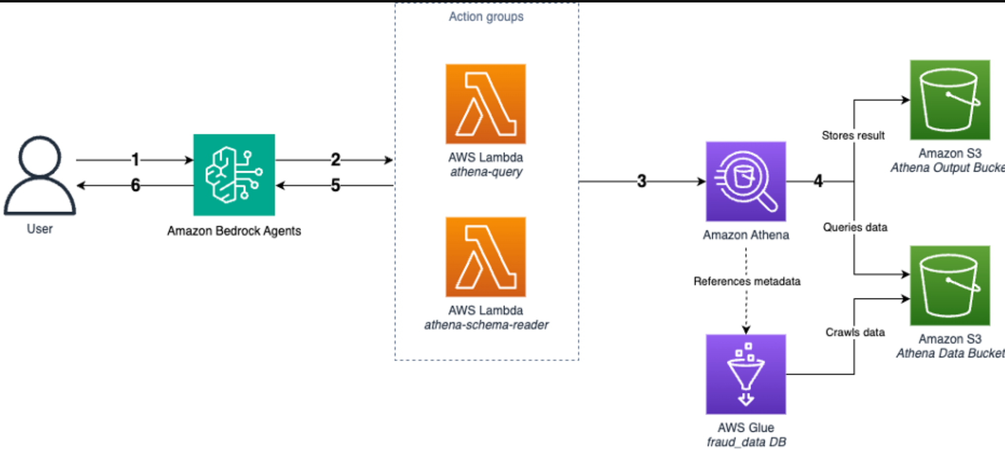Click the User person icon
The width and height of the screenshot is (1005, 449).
[x=39, y=175]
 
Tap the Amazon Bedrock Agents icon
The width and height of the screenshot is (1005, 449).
[x=234, y=175]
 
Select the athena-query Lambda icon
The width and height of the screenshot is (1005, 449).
[x=486, y=104]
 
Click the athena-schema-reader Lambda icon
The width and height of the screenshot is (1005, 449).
[x=486, y=257]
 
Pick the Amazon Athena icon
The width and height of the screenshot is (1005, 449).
[x=745, y=182]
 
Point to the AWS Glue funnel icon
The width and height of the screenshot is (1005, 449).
[x=745, y=374]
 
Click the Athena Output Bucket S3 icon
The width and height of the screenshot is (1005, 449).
[x=950, y=100]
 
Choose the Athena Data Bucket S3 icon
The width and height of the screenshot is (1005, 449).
[x=950, y=285]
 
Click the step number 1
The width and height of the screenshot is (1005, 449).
[x=135, y=159]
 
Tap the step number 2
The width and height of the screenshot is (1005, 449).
[x=336, y=159]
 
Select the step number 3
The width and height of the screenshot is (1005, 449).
[x=641, y=181]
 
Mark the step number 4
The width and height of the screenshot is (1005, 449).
[x=818, y=181]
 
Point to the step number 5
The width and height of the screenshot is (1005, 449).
[x=336, y=186]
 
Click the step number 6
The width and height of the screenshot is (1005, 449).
[x=135, y=186]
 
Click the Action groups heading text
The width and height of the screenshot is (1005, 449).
[x=486, y=16]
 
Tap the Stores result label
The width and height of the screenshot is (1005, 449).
[x=853, y=135]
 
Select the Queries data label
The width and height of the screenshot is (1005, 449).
[x=855, y=227]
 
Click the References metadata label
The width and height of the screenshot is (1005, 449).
[x=746, y=281]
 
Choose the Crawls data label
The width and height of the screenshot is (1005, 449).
[x=855, y=332]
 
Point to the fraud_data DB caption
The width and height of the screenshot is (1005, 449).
[x=746, y=442]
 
